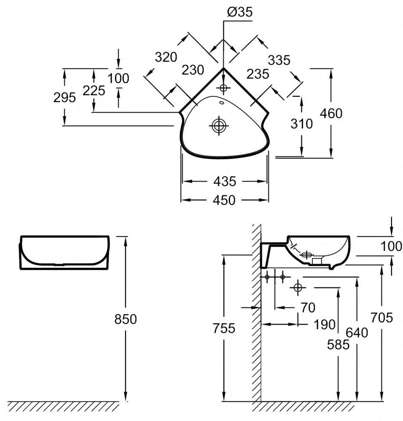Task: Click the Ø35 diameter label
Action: click(239, 12)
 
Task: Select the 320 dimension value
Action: click(166, 57)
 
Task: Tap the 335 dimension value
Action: click(279, 60)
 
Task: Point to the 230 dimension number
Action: click(193, 69)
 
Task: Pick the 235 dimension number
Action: click(257, 74)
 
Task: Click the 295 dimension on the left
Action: click(64, 98)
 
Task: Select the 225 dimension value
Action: click(94, 91)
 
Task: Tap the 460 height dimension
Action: click(331, 113)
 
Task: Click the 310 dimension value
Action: click(302, 124)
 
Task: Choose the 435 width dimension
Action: click(224, 181)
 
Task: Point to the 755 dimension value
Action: click(224, 328)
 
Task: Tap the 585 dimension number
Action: click(339, 344)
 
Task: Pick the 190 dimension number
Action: click(324, 325)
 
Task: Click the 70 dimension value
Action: click(308, 308)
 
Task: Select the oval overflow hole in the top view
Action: click(222, 102)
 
